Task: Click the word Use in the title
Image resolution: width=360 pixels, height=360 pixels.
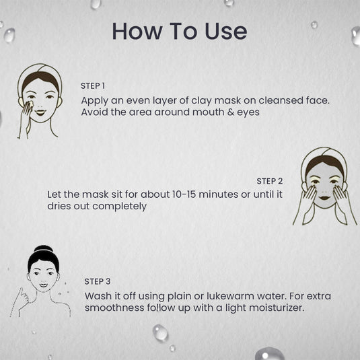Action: tap(225, 32)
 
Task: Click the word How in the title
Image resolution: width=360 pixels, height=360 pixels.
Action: tap(137, 32)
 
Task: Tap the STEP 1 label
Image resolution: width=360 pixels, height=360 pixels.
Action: tap(93, 86)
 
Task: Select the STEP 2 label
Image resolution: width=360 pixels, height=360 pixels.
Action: tap(270, 182)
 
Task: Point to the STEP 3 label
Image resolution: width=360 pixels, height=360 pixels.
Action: tap(98, 281)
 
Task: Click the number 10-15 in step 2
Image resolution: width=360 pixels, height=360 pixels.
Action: tap(184, 194)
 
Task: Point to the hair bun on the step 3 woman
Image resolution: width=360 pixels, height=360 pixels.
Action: tap(43, 250)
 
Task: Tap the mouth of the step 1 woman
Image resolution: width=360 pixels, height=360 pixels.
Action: tap(40, 112)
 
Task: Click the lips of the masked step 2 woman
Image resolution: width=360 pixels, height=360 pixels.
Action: tap(324, 198)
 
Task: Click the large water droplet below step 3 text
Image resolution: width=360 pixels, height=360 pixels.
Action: tap(160, 332)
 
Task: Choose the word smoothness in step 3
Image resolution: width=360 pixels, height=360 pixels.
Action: tap(114, 308)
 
